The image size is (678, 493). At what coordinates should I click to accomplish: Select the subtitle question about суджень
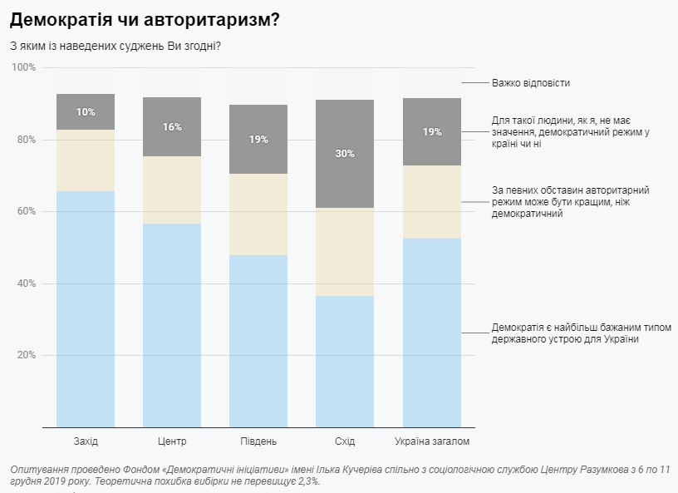[115, 45]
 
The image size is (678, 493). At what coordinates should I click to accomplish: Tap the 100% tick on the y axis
[24, 67]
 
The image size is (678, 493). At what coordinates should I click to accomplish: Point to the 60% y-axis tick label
[26, 211]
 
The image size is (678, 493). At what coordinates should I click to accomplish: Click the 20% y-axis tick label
[26, 355]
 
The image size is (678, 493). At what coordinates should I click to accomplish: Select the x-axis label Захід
[86, 441]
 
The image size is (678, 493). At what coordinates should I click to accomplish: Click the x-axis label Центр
[172, 441]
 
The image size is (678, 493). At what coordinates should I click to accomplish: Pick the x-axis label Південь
[258, 441]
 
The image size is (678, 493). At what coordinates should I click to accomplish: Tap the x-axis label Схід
[345, 441]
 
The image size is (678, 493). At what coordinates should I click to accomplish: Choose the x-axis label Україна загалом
[431, 441]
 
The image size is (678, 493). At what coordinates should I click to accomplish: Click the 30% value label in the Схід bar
[345, 154]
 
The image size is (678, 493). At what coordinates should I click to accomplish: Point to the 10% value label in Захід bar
[86, 112]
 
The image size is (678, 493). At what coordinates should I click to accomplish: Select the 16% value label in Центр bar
[172, 127]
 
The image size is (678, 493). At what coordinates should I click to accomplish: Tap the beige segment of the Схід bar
[345, 252]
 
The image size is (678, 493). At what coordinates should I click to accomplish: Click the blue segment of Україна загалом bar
[431, 333]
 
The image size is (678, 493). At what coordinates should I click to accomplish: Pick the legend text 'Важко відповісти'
[531, 83]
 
